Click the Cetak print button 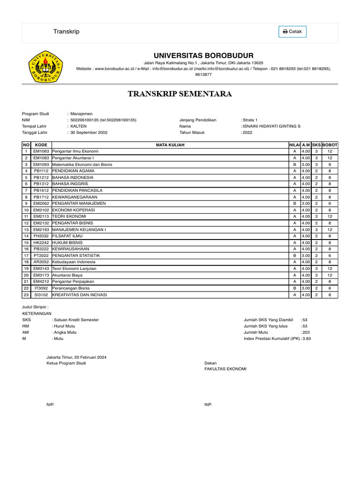click(x=292, y=32)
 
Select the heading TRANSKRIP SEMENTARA click(x=180, y=94)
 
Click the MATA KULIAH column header click(x=170, y=145)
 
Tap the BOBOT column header click(x=330, y=145)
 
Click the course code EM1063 click(x=41, y=152)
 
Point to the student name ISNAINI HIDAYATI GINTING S click(x=271, y=127)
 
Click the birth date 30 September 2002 click(x=89, y=133)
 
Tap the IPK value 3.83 click(x=307, y=338)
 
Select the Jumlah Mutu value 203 click(x=306, y=332)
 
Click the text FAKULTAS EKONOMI click(x=225, y=369)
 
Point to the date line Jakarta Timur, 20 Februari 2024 click(x=76, y=357)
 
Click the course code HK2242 click(x=41, y=242)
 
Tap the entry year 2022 click(x=247, y=133)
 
